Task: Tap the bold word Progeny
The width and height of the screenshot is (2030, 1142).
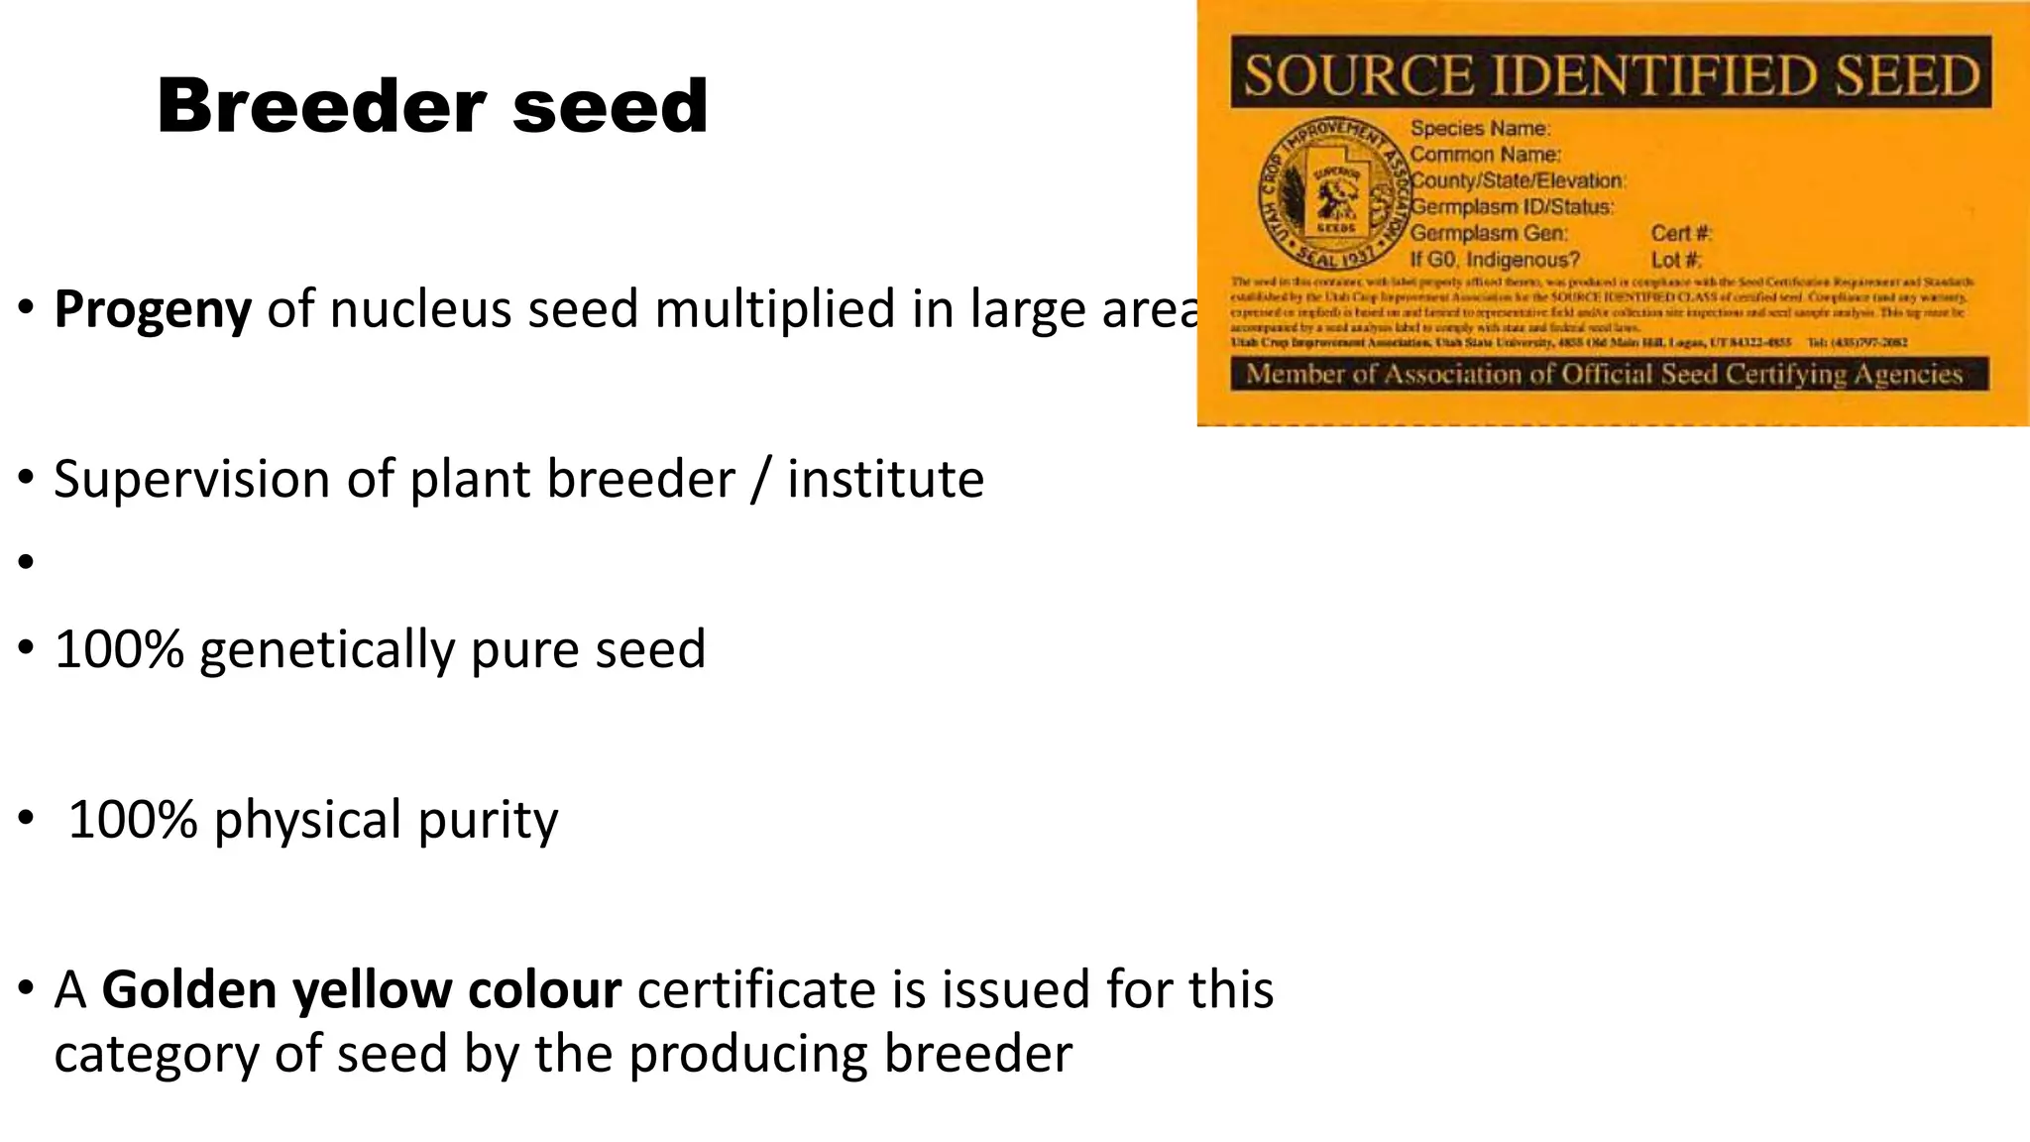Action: point(153,309)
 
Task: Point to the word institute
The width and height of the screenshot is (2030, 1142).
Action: point(885,480)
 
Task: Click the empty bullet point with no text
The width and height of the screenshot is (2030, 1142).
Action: point(26,562)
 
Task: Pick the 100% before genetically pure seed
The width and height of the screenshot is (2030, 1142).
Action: point(119,649)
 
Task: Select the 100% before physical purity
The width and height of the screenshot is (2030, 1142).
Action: point(133,820)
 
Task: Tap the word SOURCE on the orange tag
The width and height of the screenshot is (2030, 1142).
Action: point(1357,75)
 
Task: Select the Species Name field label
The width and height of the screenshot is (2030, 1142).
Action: point(1479,128)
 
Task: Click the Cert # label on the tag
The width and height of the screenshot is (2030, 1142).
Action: point(1681,234)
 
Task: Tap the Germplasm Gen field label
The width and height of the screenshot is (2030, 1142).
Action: point(1488,234)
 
